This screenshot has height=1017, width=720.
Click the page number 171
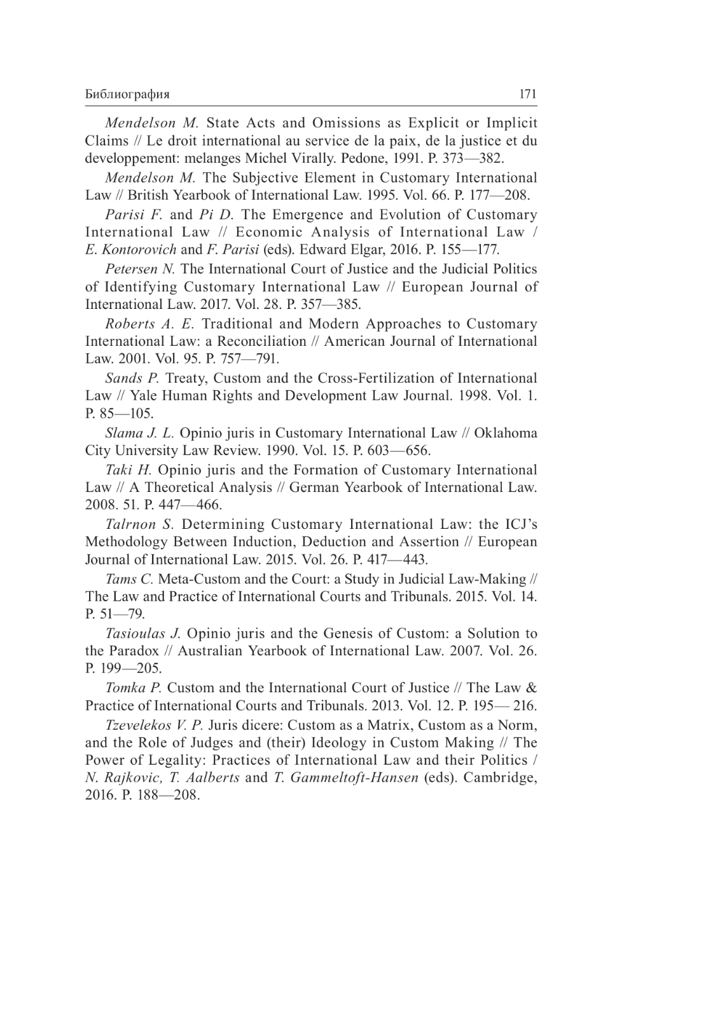528,94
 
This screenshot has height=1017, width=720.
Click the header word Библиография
127,95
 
